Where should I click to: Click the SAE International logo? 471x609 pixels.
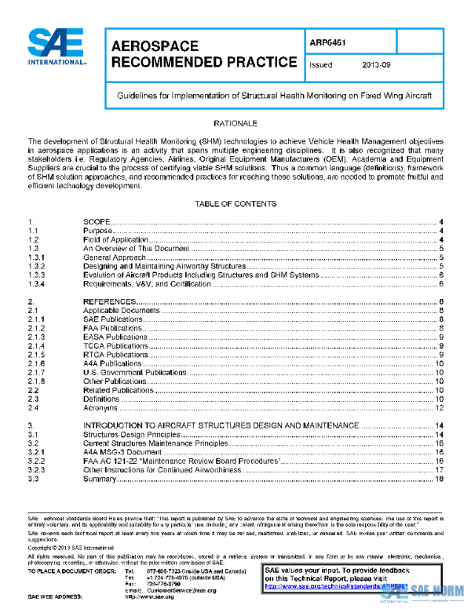tap(57, 47)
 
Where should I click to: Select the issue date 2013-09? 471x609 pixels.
tap(376, 65)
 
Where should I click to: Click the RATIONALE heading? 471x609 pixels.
tap(235, 124)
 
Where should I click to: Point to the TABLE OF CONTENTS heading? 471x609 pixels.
tap(235, 203)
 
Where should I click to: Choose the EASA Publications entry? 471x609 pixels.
tap(115, 337)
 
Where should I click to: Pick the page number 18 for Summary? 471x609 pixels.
tap(440, 479)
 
